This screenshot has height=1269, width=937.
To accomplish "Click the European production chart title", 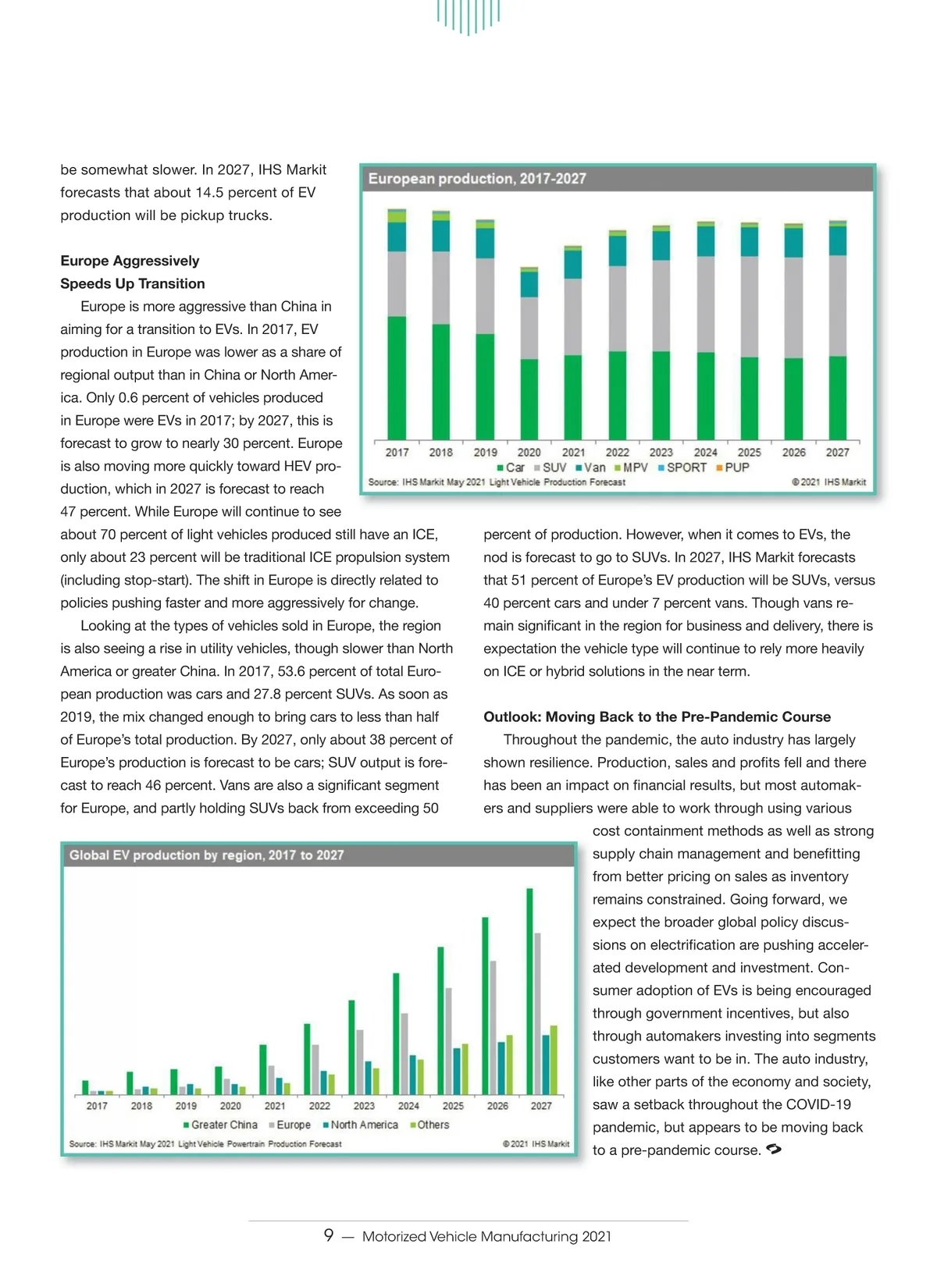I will (x=477, y=179).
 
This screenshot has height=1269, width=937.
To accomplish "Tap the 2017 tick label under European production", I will (x=397, y=452).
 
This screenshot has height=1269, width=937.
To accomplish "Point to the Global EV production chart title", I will (x=206, y=855).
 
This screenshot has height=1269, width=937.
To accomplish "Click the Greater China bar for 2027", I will (x=530, y=991).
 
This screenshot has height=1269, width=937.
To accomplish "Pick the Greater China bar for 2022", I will (x=308, y=1058).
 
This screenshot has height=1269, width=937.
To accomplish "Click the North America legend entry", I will (x=360, y=1125).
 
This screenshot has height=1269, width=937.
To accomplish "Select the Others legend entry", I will (x=429, y=1125).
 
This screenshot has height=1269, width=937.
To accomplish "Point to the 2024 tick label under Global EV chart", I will (x=408, y=1106).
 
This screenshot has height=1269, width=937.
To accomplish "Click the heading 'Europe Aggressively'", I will (x=130, y=261).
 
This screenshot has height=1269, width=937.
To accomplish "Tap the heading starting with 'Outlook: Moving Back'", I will (x=657, y=716).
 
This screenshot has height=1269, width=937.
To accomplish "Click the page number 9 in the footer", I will (x=329, y=1235).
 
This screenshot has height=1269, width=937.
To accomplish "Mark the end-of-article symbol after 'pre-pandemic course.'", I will (x=774, y=1149).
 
